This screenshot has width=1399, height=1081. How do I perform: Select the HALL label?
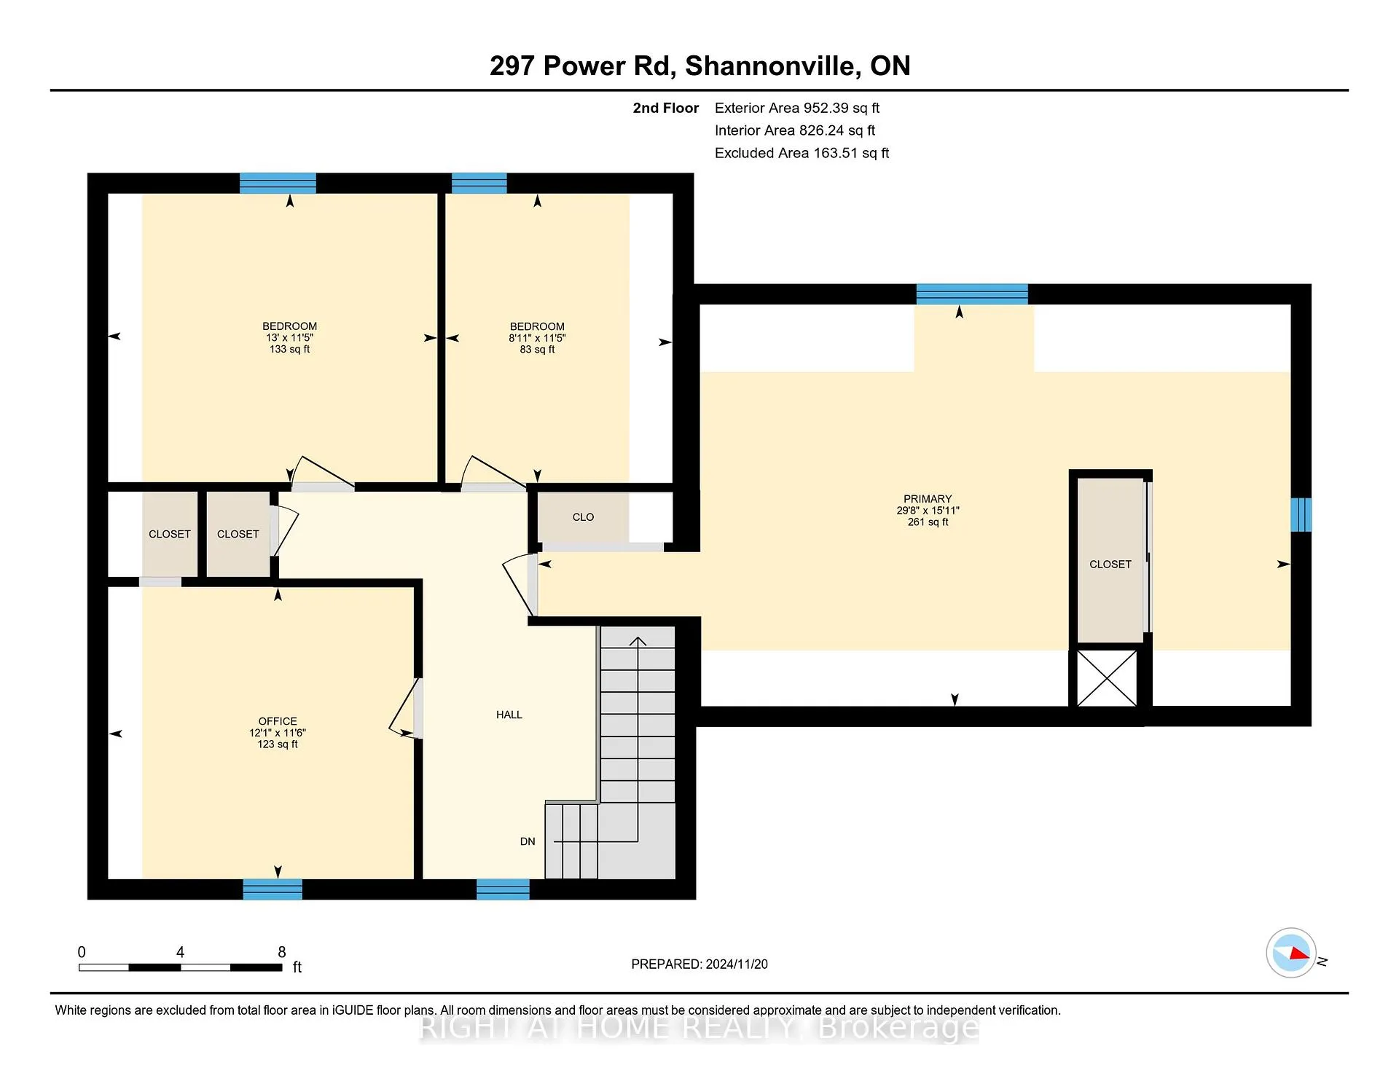click(x=509, y=715)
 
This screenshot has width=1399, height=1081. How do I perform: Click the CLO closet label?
click(x=583, y=517)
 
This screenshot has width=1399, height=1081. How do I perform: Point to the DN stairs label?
click(x=528, y=841)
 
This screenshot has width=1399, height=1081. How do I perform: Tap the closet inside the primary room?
click(x=1110, y=561)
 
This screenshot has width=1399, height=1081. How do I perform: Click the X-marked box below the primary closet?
click(x=1107, y=678)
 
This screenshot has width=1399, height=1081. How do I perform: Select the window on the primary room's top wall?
click(x=972, y=294)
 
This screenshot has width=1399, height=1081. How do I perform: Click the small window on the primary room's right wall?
click(x=1301, y=514)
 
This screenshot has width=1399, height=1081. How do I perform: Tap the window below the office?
click(x=273, y=889)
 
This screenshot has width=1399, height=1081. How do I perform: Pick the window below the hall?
click(x=503, y=889)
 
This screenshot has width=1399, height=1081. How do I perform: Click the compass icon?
click(x=1291, y=953)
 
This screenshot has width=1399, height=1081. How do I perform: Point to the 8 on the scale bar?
click(x=282, y=952)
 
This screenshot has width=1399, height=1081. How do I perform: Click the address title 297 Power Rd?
click(x=580, y=66)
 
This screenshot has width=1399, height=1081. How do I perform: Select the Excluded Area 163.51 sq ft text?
click(x=802, y=153)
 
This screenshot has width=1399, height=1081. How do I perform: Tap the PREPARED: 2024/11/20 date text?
click(x=699, y=964)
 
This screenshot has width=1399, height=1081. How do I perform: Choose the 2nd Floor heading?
click(x=665, y=108)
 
